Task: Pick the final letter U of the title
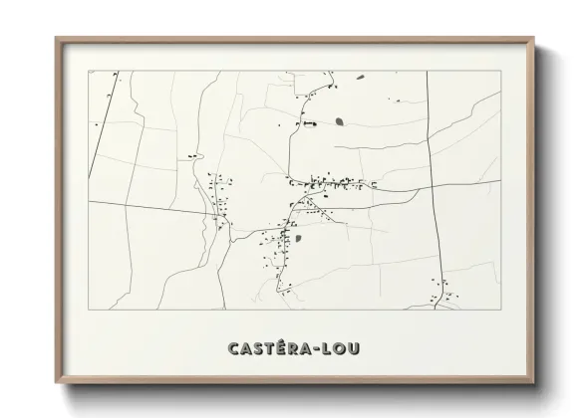point(356,348)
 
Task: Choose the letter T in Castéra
point(270,348)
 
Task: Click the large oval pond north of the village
point(340,121)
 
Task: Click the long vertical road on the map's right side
point(431,179)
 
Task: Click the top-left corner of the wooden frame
point(57,39)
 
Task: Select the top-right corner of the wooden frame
point(532,39)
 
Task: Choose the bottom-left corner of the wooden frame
point(57,384)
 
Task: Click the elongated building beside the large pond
point(309,123)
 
